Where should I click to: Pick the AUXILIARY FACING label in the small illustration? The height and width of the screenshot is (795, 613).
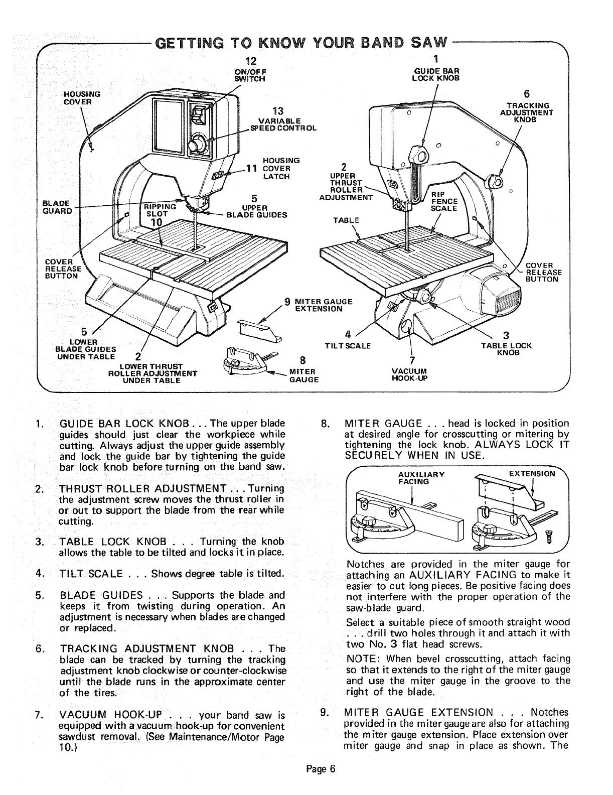tap(414, 477)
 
